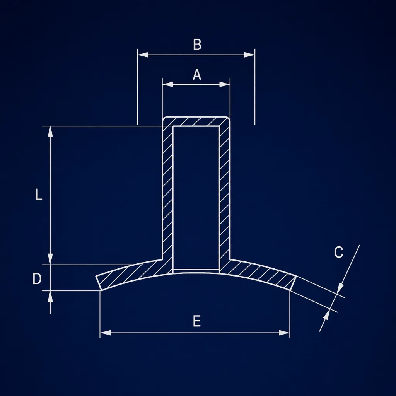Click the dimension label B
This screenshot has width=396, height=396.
[x=197, y=44]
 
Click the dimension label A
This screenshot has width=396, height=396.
[x=197, y=75]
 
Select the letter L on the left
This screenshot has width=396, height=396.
[x=38, y=195]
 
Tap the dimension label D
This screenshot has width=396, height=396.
[x=37, y=279]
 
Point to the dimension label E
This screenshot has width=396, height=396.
[x=197, y=321]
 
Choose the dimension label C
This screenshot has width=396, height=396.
[x=338, y=252]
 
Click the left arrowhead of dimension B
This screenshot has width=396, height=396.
[x=143, y=55]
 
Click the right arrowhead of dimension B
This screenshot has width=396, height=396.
[x=249, y=55]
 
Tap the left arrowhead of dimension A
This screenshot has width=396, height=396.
[x=168, y=84]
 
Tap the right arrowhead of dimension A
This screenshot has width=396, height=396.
[x=225, y=84]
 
